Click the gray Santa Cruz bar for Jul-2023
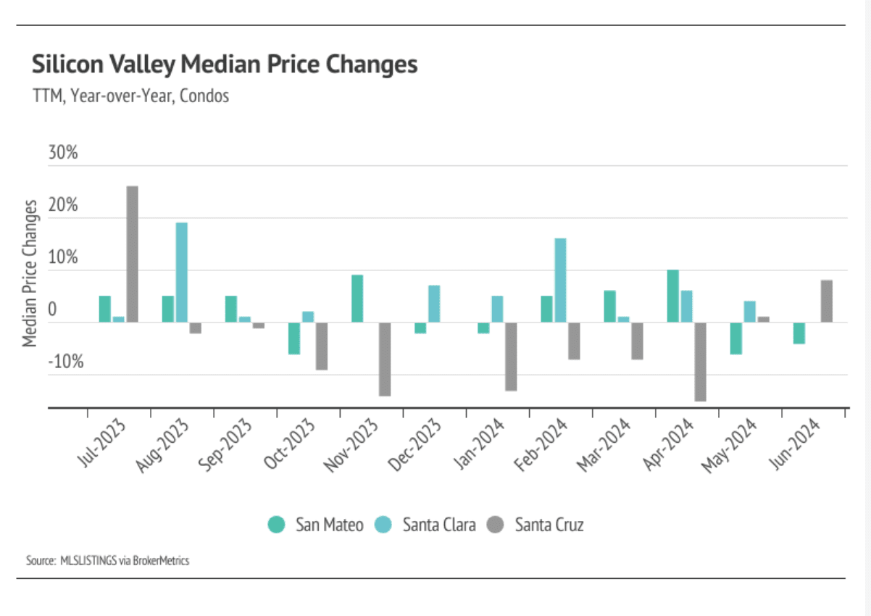click(x=133, y=254)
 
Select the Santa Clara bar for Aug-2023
click(x=182, y=272)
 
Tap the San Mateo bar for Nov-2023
click(x=357, y=299)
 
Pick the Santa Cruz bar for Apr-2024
click(x=700, y=362)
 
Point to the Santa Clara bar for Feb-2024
click(x=560, y=280)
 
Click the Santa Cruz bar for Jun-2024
click(x=827, y=301)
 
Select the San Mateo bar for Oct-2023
click(x=293, y=338)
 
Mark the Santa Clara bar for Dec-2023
click(x=434, y=304)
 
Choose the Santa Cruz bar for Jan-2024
click(x=511, y=357)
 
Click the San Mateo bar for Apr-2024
click(x=672, y=296)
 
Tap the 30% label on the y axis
click(x=62, y=154)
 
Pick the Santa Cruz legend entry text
click(x=549, y=525)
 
